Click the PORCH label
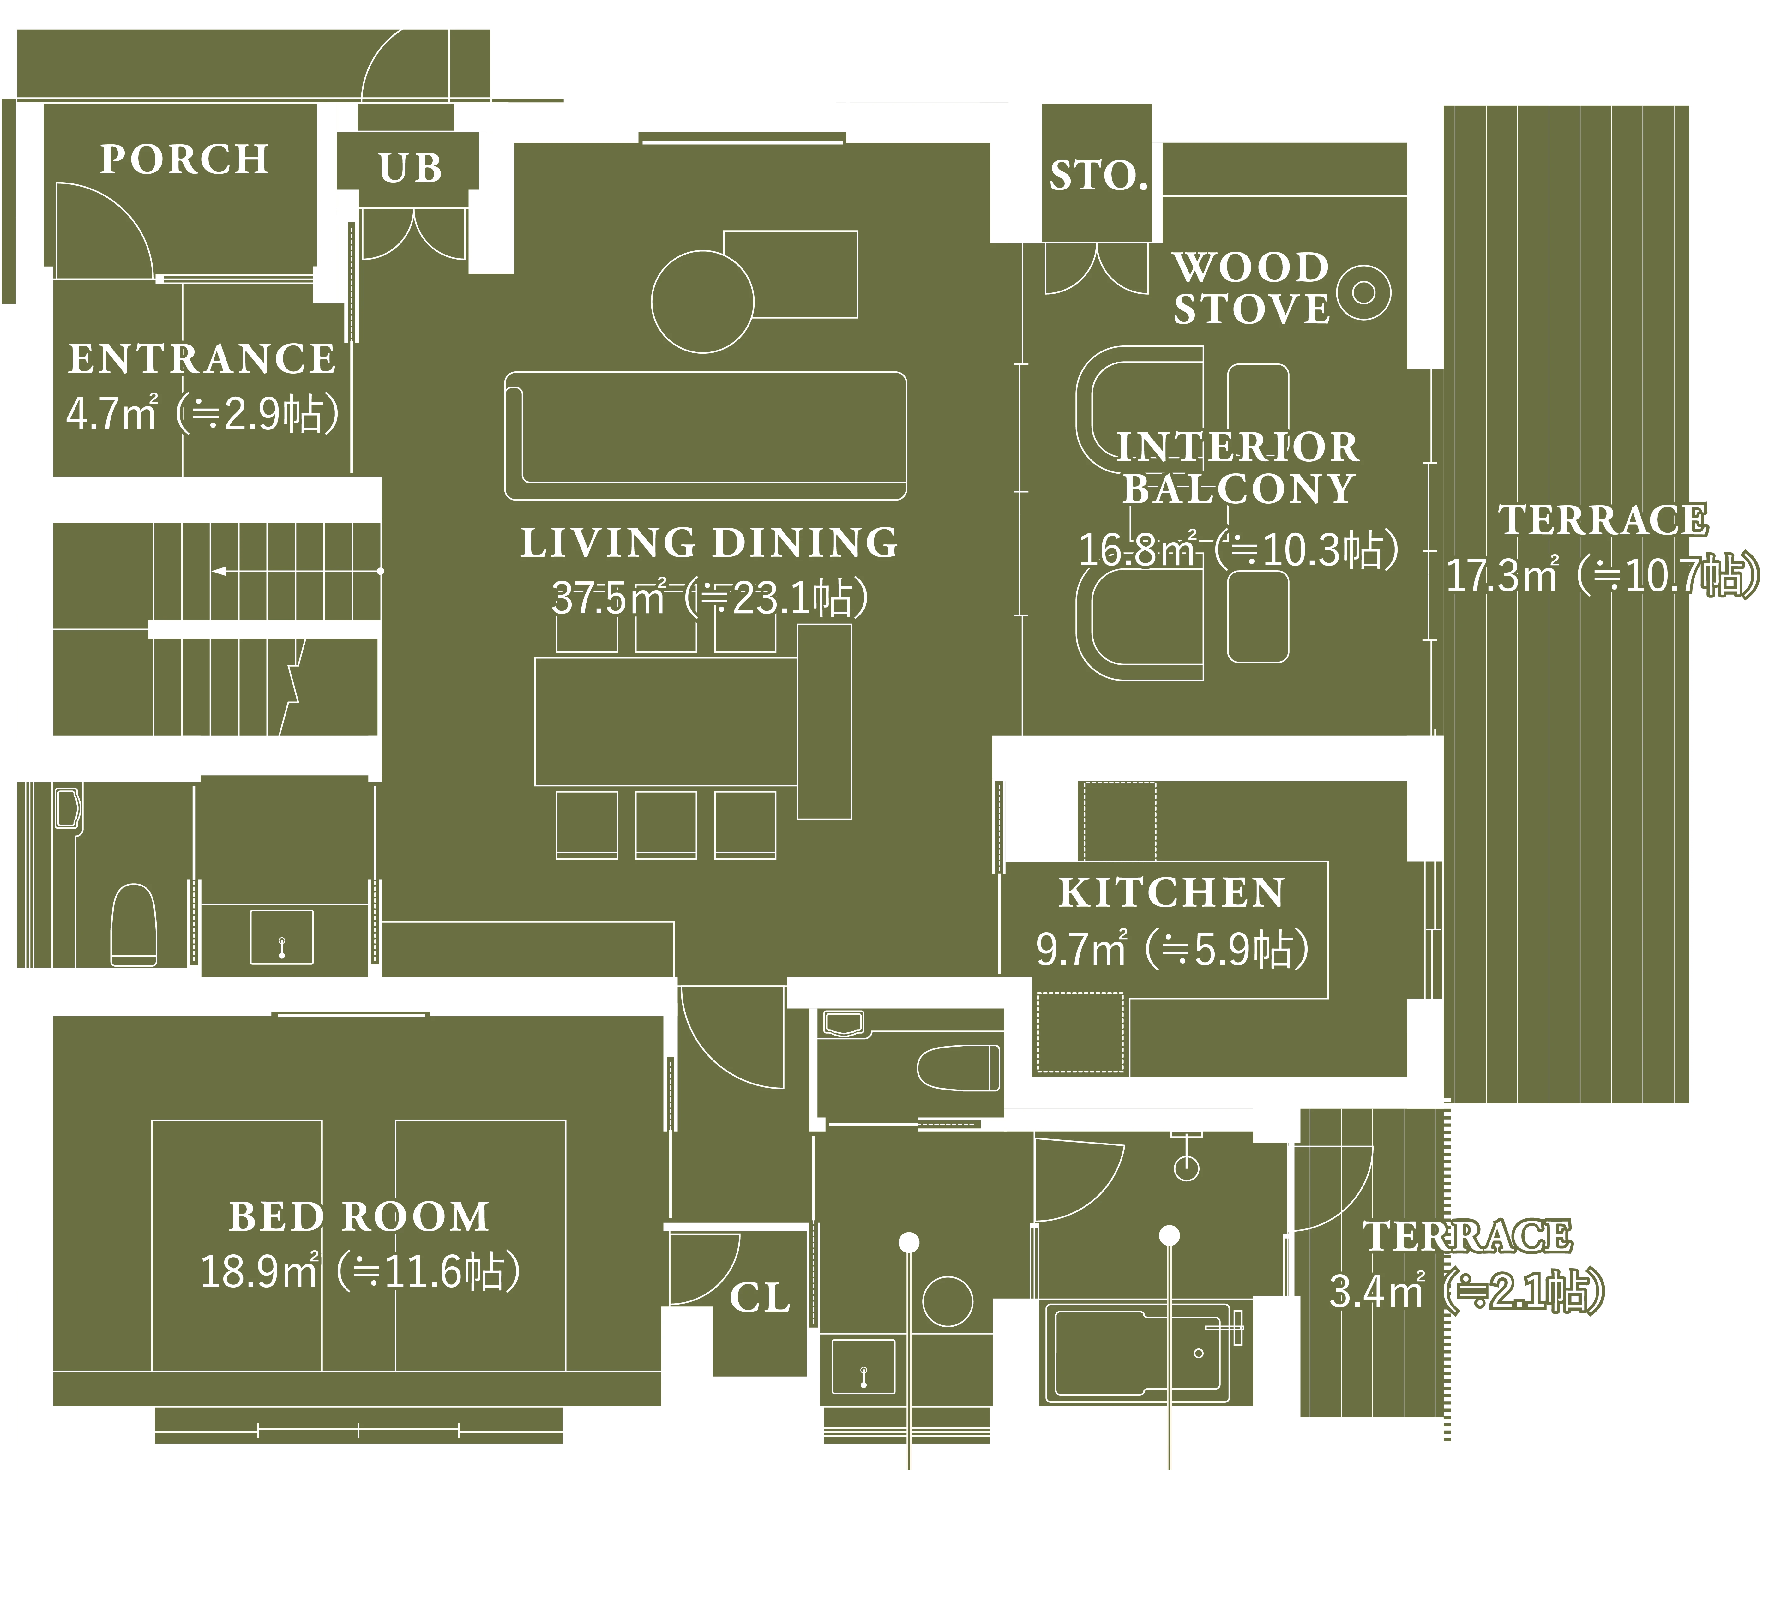[x=184, y=159]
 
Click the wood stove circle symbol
[x=1363, y=292]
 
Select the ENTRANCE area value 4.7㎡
[x=112, y=413]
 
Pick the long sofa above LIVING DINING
[x=706, y=436]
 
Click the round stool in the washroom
[x=948, y=1301]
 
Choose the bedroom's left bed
[x=237, y=1246]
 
